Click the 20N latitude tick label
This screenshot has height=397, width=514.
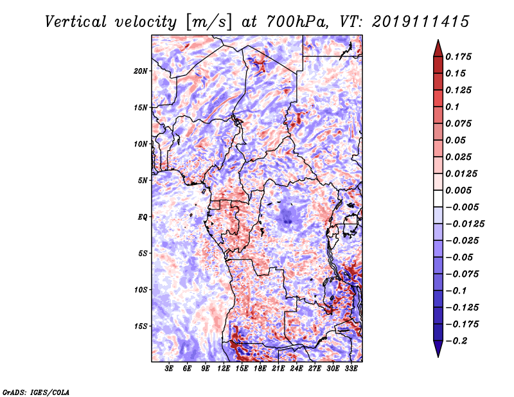(140, 71)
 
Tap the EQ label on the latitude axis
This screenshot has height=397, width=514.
(143, 217)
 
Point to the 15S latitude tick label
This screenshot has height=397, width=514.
(141, 326)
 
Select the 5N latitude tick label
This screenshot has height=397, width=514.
(143, 181)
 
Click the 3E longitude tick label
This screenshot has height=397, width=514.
(169, 368)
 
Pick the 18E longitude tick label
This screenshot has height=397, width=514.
(260, 368)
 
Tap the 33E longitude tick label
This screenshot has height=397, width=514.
(351, 368)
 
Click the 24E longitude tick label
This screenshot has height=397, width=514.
(296, 368)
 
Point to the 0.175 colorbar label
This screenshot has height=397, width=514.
(458, 57)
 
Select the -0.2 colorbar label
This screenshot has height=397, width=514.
(456, 341)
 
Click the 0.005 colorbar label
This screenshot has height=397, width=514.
(458, 190)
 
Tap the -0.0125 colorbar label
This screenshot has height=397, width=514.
(465, 224)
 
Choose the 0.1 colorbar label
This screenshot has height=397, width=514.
(452, 107)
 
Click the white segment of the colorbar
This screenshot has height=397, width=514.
(438, 198)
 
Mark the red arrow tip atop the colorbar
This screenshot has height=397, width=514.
(438, 40)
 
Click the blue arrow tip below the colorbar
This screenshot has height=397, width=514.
(438, 357)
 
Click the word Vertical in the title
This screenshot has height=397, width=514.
(76, 22)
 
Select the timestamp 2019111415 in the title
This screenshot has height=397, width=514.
(421, 22)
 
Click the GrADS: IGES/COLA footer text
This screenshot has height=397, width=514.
(36, 392)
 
